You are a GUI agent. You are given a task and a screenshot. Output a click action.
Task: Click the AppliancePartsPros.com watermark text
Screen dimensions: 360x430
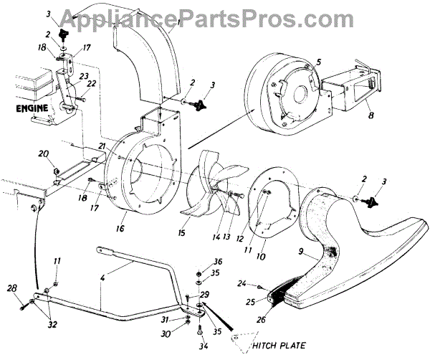click(x=214, y=14)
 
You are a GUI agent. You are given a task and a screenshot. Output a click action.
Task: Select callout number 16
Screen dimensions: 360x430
click(x=119, y=228)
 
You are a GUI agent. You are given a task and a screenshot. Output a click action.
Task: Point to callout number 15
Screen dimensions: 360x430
click(x=181, y=234)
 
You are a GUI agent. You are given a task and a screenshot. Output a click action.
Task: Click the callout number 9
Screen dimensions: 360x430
click(x=304, y=252)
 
